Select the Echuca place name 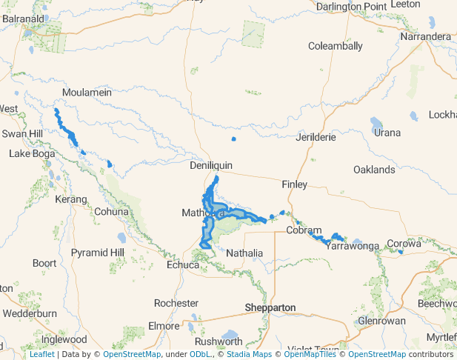[x=183, y=265]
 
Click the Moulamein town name [x=87, y=93]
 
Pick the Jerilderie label [x=316, y=137]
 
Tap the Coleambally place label [x=336, y=46]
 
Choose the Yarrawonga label [x=353, y=245]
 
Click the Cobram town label [x=304, y=230]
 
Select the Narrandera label [x=425, y=36]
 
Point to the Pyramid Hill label [x=98, y=253]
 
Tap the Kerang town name [x=71, y=200]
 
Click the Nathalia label [x=244, y=253]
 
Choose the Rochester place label [x=176, y=303]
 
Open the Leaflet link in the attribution [x=41, y=355]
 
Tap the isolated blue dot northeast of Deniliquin [x=234, y=139]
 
